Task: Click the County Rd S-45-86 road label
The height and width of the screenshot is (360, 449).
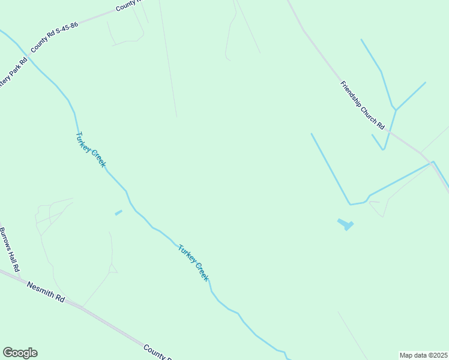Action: click(55, 37)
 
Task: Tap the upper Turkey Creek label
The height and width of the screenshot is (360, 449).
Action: click(91, 149)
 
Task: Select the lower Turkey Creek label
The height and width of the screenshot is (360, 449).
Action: click(193, 263)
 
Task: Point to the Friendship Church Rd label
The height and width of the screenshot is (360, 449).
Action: click(362, 105)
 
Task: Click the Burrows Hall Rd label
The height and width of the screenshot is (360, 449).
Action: click(10, 248)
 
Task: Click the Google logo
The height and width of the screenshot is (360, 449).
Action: click(20, 353)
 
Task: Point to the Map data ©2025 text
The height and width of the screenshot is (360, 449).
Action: click(423, 355)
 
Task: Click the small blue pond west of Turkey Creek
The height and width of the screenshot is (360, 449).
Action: click(118, 212)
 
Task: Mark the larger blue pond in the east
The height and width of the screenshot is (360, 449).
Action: click(345, 224)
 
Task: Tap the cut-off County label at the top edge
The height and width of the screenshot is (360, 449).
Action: click(127, 5)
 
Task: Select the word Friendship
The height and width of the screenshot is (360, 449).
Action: click(351, 92)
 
